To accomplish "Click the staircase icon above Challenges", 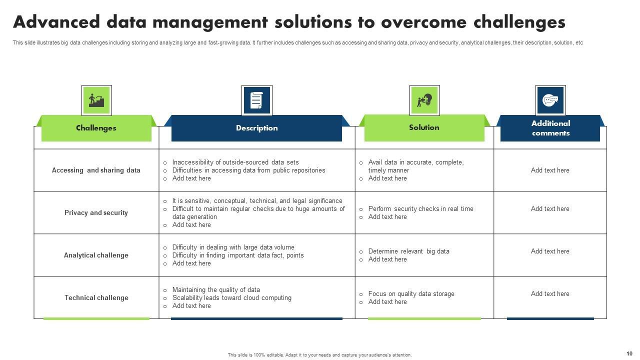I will pos(96,100).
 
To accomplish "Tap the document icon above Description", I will pos(256,100).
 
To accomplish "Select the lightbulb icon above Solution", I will pos(424,100).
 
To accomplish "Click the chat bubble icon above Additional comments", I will pos(550,100).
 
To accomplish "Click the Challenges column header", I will pos(96,128).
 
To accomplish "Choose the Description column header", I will pos(256,128).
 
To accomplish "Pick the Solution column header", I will pos(424,127).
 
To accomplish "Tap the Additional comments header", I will pos(550,128).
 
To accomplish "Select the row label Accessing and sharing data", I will pos(96,170).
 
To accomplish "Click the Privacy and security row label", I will pos(96,212).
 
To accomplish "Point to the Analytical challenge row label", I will pos(96,255).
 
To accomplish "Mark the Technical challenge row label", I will pos(96,297).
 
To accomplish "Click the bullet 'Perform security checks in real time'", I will pos(420,209).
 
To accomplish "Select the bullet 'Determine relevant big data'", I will pos(408,251).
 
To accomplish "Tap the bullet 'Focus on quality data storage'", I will pos(411,294).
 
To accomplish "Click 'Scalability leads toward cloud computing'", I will pos(231,298).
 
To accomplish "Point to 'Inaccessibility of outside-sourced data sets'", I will pos(235,162).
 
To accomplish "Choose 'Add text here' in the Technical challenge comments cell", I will pos(550,294).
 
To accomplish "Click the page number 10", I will pos(629,353).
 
